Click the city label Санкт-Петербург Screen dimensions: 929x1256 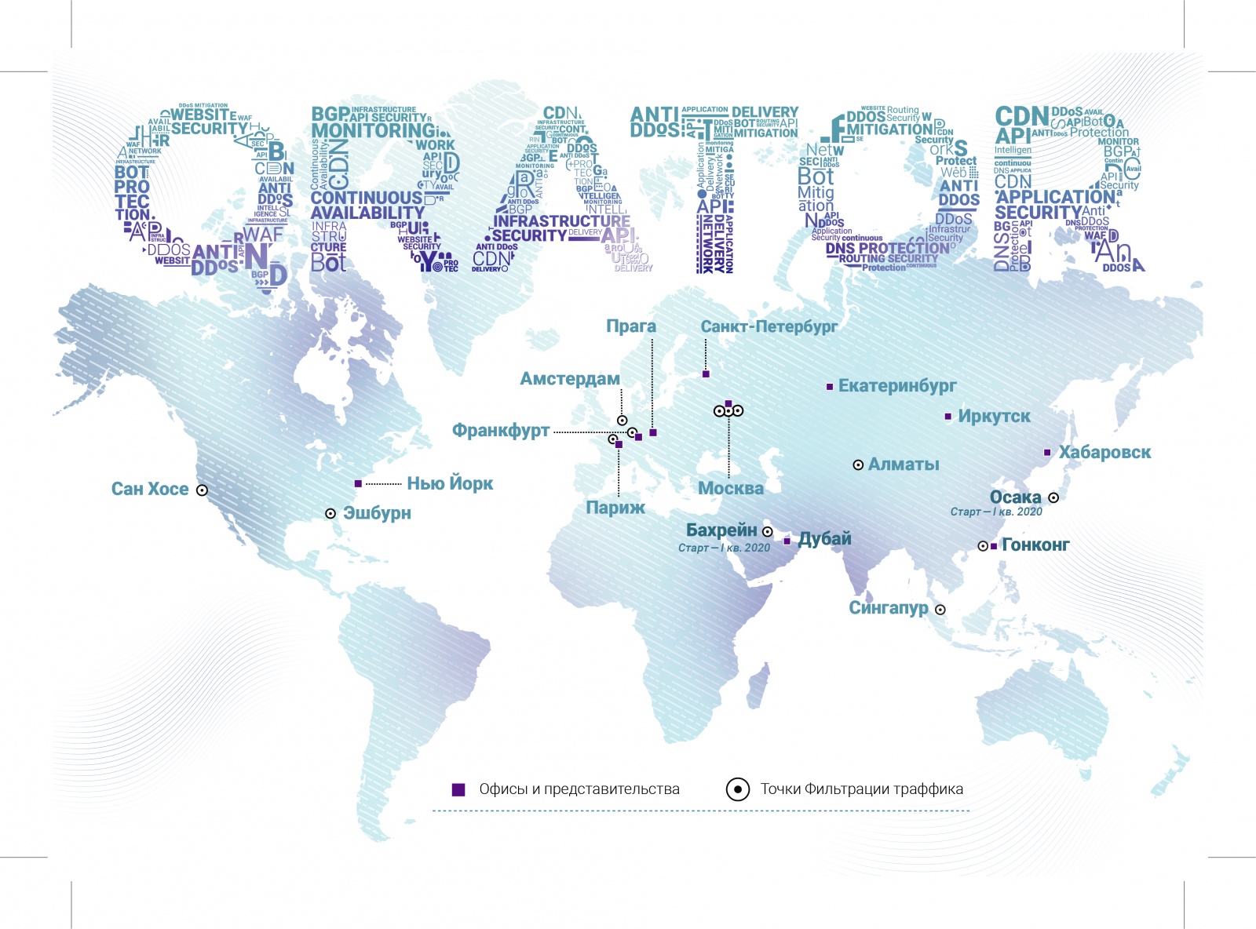tap(769, 326)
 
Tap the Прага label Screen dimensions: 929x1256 tap(630, 326)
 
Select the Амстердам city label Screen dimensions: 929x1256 tap(570, 379)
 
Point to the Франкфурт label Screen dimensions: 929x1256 tap(501, 430)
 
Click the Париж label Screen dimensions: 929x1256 tap(615, 508)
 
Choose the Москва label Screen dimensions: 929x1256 tap(731, 488)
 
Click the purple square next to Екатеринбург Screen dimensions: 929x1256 tap(830, 387)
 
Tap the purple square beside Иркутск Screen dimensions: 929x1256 tap(948, 417)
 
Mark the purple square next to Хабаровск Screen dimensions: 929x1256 tap(1047, 453)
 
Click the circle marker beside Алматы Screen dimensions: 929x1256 tap(858, 465)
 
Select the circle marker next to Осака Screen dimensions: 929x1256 tap(1053, 497)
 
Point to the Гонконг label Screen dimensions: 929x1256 tap(1035, 545)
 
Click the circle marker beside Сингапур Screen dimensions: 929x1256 tap(940, 610)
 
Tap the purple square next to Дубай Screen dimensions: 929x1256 tap(787, 541)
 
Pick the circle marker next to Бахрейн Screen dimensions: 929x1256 tap(768, 532)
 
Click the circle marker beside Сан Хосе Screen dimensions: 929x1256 tap(202, 490)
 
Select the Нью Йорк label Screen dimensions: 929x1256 tap(450, 483)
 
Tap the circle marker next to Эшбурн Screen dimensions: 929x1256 tap(330, 514)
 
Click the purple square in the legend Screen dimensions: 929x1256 tap(459, 789)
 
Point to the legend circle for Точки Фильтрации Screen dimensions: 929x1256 tap(738, 789)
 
